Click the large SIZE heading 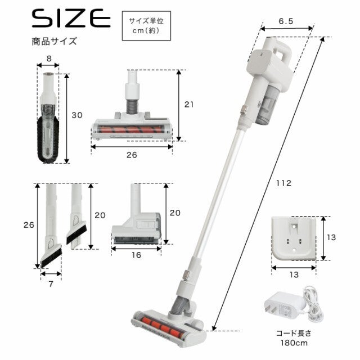pos(71,18)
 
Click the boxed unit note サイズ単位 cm pos(146,26)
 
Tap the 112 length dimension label pos(283,183)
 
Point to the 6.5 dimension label pos(286,21)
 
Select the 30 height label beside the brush pos(77,115)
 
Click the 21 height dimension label pos(189,105)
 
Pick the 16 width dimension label pos(136,255)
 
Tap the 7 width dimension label pos(51,284)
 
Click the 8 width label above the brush pos(49,58)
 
